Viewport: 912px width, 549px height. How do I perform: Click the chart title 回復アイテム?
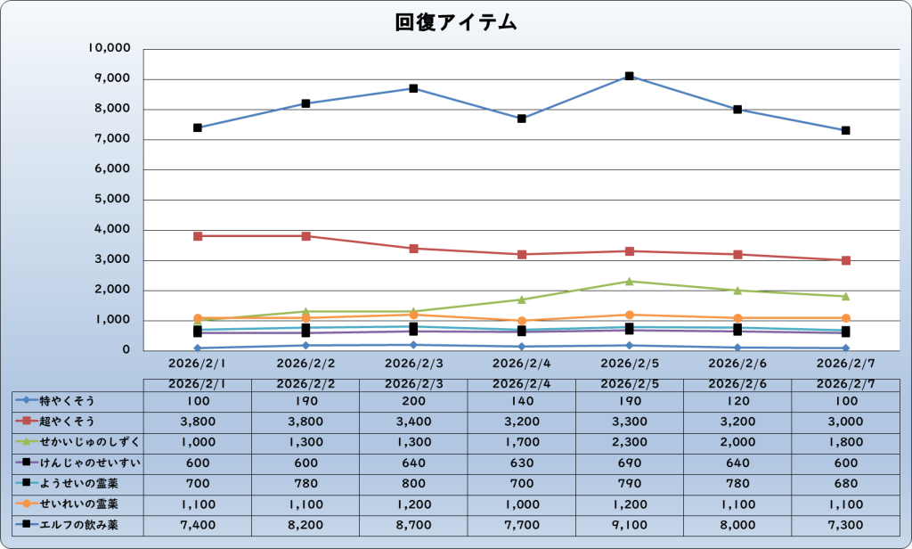[x=456, y=23]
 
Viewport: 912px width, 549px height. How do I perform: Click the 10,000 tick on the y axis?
[x=110, y=48]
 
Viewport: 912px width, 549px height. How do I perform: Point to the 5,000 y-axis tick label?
[x=113, y=200]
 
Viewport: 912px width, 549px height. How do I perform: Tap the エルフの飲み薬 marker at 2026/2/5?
[x=630, y=77]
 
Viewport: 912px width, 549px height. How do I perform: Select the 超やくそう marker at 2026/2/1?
[x=197, y=236]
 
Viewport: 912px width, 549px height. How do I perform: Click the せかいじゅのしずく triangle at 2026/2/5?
[x=630, y=282]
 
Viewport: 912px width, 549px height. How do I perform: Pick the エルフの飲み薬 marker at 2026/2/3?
[x=413, y=88]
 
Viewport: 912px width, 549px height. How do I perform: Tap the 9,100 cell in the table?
[x=629, y=525]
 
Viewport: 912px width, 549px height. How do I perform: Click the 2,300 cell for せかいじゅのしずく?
[x=629, y=441]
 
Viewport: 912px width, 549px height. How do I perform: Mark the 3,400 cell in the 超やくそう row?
[x=413, y=421]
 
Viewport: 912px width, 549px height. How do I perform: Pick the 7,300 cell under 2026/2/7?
[x=844, y=525]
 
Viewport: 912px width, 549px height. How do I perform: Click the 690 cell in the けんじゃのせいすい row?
[x=629, y=463]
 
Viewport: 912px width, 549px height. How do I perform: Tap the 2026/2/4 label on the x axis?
[x=521, y=364]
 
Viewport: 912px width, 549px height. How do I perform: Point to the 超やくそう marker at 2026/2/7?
[x=845, y=260]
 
